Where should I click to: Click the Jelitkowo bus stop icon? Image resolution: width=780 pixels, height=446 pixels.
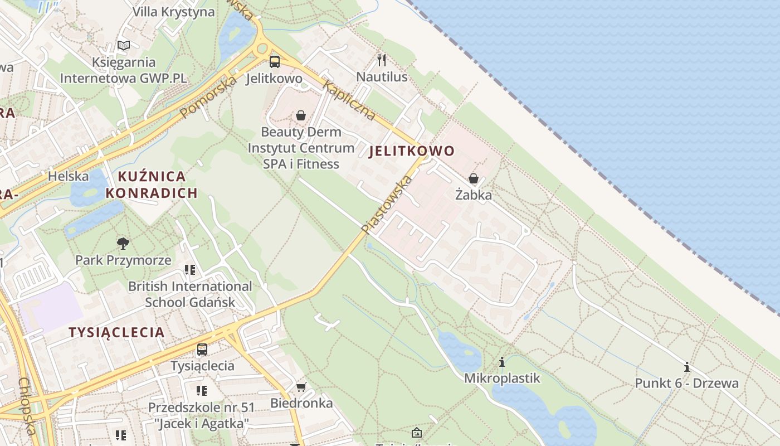pyautogui.click(x=274, y=61)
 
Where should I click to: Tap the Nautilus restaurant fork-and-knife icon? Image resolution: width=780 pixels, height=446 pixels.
pyautogui.click(x=382, y=60)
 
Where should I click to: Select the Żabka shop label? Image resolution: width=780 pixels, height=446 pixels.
pyautogui.click(x=474, y=195)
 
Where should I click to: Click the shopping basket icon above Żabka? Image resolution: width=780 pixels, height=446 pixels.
pyautogui.click(x=474, y=178)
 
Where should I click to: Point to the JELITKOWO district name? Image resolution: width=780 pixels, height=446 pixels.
pyautogui.click(x=412, y=151)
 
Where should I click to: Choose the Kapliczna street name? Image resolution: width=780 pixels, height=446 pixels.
pyautogui.click(x=349, y=101)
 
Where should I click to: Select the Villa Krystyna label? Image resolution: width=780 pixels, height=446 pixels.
pyautogui.click(x=173, y=12)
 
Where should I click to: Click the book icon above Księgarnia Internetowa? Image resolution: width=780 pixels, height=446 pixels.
pyautogui.click(x=124, y=45)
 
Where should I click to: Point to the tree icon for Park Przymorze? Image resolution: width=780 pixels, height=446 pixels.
pyautogui.click(x=123, y=243)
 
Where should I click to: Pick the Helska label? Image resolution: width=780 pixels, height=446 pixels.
pyautogui.click(x=69, y=176)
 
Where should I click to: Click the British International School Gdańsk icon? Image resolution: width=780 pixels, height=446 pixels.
pyautogui.click(x=190, y=270)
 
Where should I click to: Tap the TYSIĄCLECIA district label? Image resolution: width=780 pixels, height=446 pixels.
pyautogui.click(x=116, y=333)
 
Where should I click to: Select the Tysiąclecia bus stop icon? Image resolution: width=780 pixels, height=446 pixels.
pyautogui.click(x=202, y=350)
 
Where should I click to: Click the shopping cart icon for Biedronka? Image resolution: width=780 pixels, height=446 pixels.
pyautogui.click(x=301, y=387)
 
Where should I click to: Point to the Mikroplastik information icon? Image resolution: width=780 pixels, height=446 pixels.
pyautogui.click(x=502, y=362)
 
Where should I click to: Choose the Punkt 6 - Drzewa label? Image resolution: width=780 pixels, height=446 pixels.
pyautogui.click(x=687, y=384)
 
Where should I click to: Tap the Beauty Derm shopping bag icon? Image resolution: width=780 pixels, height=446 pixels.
pyautogui.click(x=301, y=115)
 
